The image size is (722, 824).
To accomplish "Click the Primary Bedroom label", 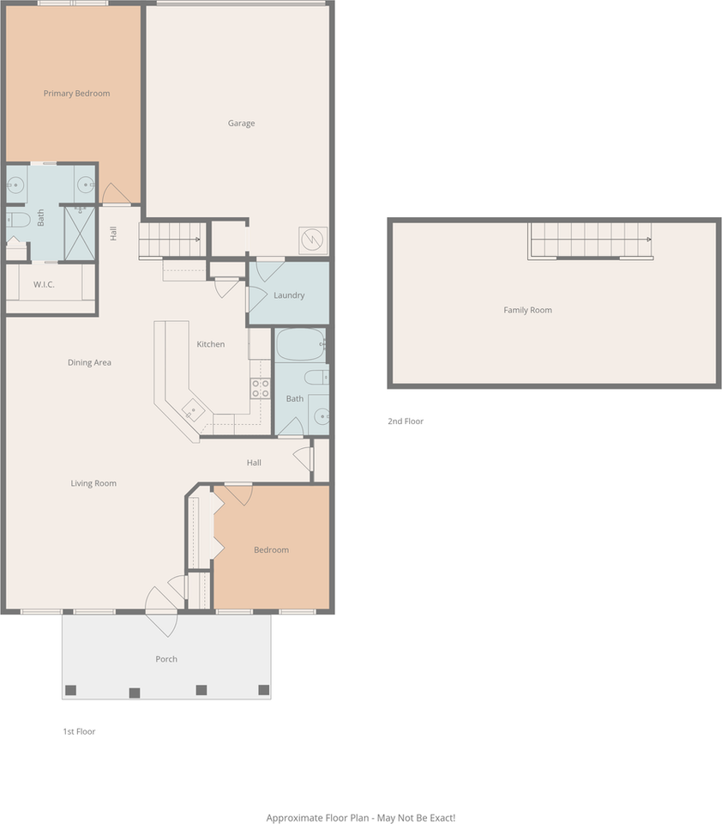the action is pos(76,94).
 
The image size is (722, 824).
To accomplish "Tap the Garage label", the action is pos(242,124).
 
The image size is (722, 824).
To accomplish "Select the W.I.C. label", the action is pos(44,284).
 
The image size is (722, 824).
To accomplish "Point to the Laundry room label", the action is pos(289,295).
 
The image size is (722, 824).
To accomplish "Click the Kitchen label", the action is pos(211,344).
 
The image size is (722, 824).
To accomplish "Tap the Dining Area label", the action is pos(89,362).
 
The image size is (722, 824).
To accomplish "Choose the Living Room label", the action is pos(93,483).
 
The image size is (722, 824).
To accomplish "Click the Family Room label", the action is pos(527,310).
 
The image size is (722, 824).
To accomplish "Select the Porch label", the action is pos(166,659).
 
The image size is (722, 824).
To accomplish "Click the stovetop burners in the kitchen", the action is pos(261,388).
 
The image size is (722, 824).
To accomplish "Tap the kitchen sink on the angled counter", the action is pos(193,410).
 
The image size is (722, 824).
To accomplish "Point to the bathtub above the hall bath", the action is pos(300,345).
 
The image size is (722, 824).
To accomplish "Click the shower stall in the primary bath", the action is pos(80,233).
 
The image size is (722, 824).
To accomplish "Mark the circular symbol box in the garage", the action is pos(313,240).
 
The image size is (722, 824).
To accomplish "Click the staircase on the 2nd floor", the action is pos(591,240).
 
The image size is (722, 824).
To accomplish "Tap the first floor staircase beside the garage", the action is pos(171,239).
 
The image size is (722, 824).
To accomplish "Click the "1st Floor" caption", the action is pos(79,731).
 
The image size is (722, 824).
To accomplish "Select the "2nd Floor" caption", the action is pos(406,421).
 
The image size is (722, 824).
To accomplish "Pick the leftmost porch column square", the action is pos(70,690).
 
